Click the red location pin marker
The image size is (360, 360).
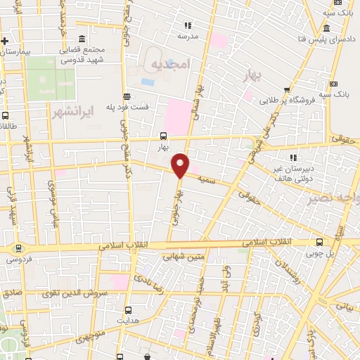point(181,165)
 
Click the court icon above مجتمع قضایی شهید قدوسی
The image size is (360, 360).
point(82,38)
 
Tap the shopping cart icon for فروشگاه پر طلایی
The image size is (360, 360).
point(288,89)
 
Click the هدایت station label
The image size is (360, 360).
point(128,318)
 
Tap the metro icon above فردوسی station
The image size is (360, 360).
point(17,247)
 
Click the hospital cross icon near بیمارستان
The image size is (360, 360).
point(4,40)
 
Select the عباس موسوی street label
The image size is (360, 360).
point(52,204)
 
